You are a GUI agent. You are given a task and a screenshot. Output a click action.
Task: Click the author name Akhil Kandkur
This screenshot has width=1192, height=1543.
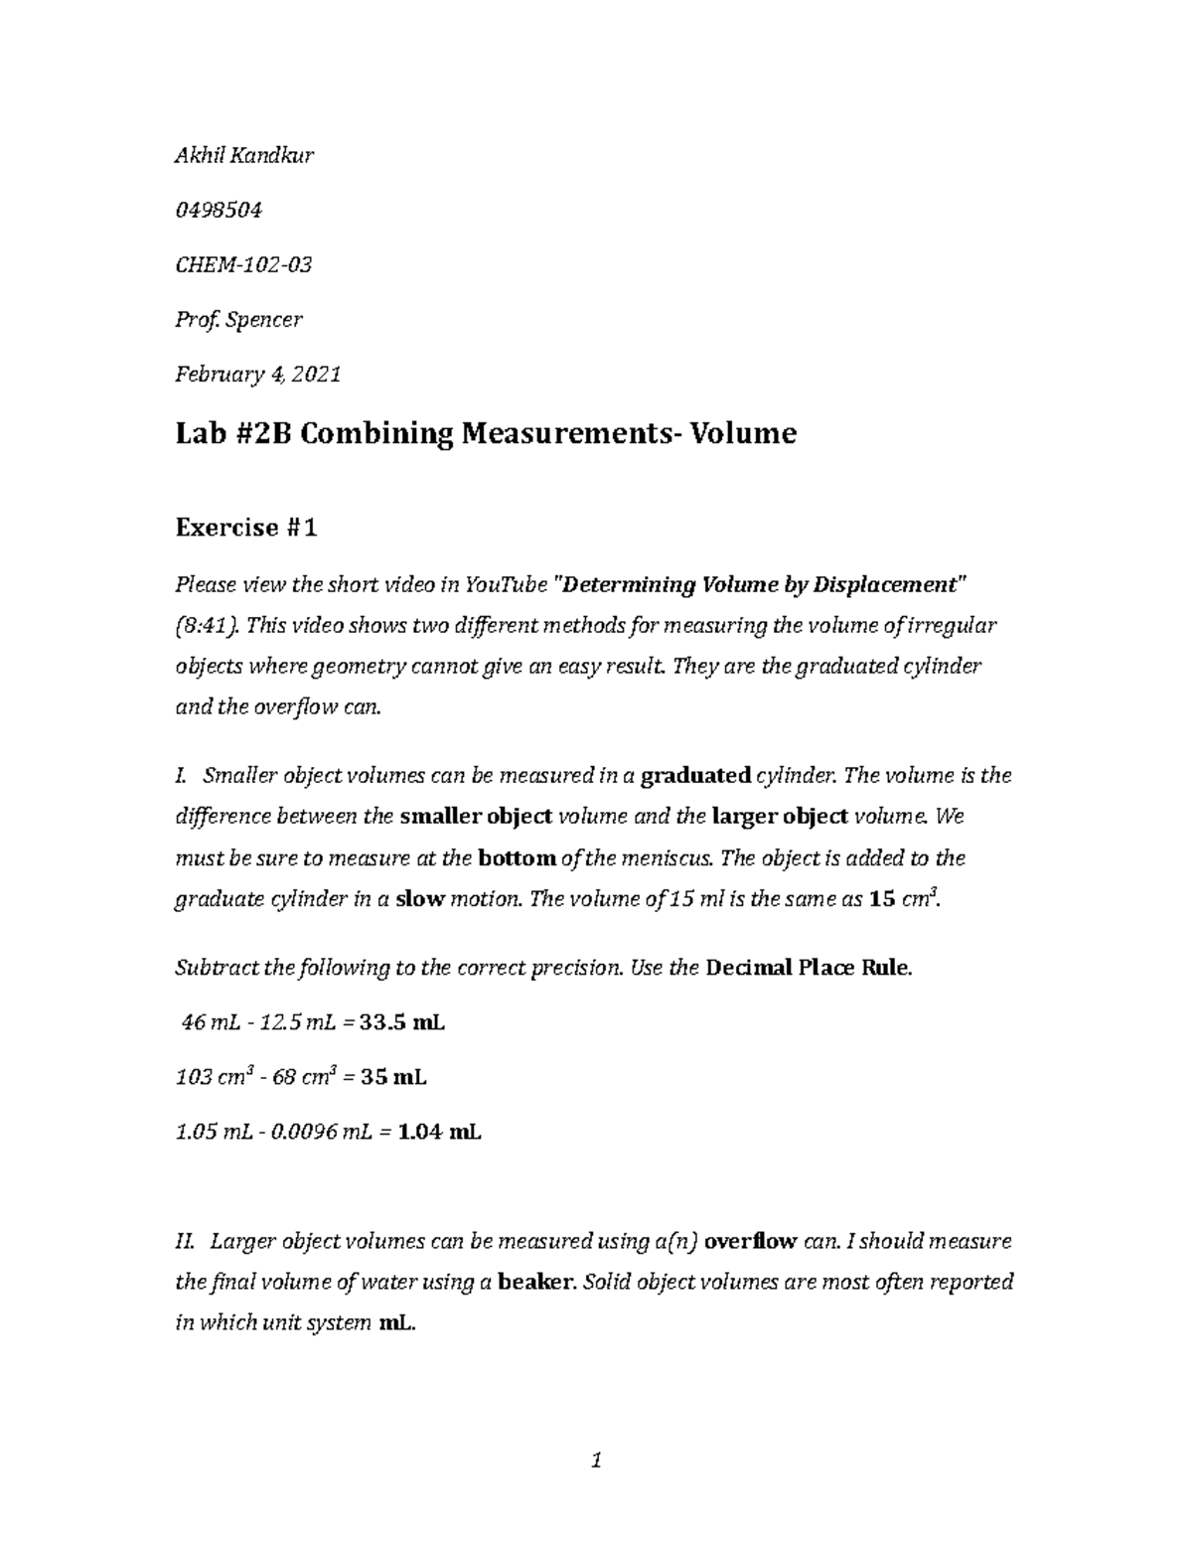(244, 155)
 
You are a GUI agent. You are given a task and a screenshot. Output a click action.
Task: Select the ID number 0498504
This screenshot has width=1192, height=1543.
(218, 210)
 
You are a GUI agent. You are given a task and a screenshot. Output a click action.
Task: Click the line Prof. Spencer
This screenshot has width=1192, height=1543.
(238, 320)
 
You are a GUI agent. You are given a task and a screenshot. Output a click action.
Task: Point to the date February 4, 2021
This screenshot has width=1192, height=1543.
(257, 375)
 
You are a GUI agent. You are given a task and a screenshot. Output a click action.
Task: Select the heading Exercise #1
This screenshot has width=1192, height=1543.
(245, 528)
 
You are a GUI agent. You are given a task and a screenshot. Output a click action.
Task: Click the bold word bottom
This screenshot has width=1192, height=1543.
(517, 857)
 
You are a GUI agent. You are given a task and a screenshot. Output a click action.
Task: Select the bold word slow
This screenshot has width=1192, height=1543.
(420, 900)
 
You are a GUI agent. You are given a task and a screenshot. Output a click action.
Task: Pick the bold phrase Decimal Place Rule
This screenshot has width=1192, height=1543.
(807, 968)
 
